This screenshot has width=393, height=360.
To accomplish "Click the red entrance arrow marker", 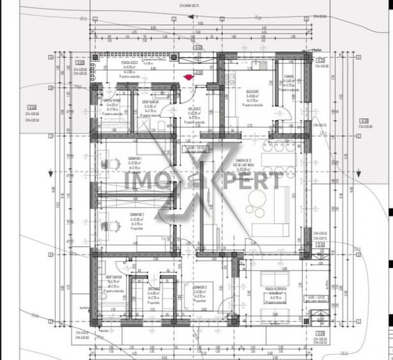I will (188, 77).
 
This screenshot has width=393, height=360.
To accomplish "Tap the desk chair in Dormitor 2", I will (114, 224).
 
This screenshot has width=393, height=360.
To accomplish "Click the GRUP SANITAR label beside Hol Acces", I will (151, 102).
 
